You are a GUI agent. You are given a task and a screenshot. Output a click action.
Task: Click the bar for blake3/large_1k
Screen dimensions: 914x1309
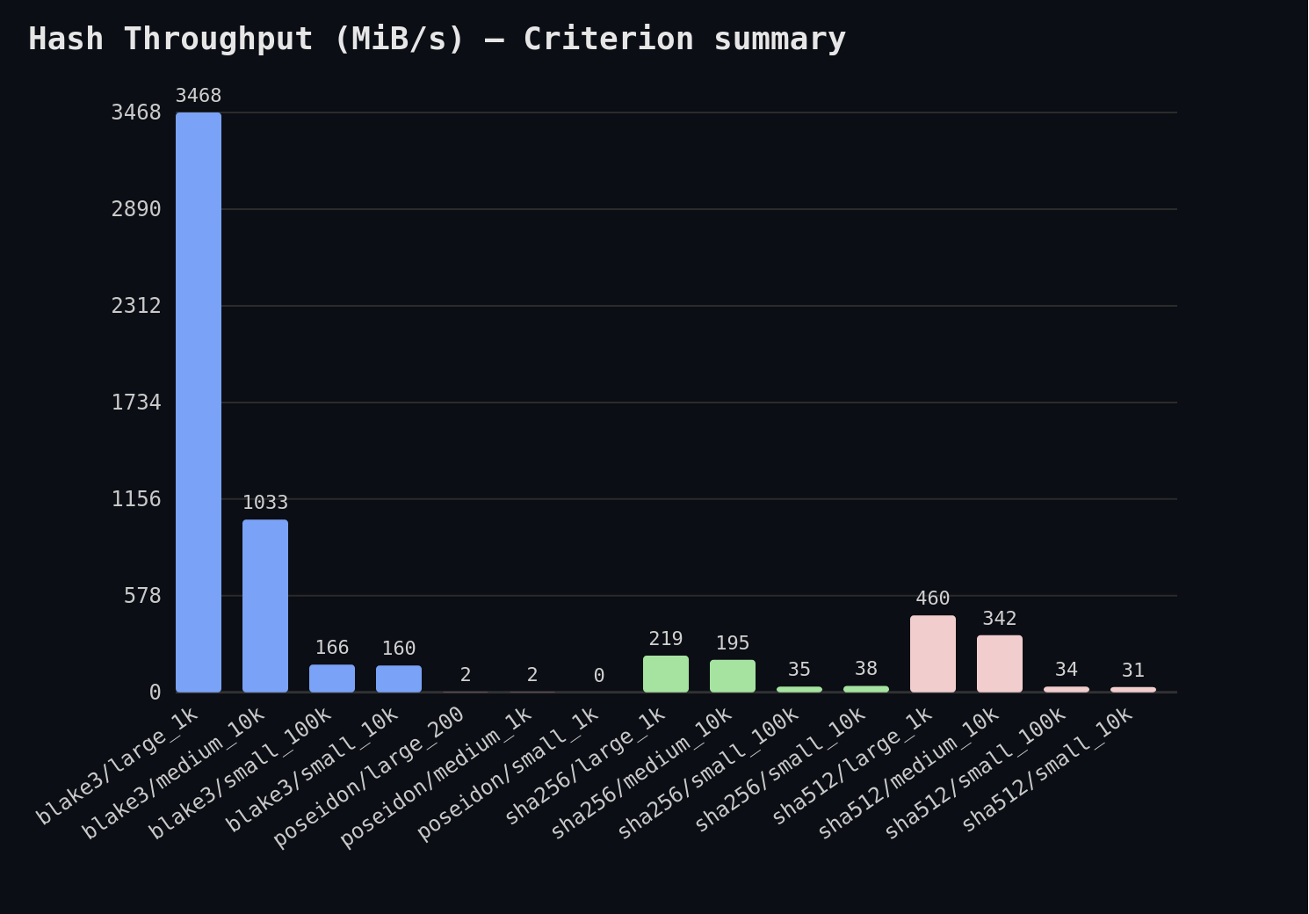tap(199, 403)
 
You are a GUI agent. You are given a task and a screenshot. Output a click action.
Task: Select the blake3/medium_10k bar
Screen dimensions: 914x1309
tap(265, 606)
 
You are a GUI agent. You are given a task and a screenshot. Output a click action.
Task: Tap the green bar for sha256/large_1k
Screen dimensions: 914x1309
tap(666, 674)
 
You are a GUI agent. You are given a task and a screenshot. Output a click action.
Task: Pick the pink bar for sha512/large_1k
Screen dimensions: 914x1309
tap(933, 654)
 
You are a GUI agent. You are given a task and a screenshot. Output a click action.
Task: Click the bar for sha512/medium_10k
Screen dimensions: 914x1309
tap(1000, 664)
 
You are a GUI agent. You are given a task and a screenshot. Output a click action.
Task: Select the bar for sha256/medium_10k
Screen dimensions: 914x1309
tap(733, 676)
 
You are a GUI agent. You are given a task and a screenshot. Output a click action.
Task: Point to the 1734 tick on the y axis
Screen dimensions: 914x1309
tap(136, 403)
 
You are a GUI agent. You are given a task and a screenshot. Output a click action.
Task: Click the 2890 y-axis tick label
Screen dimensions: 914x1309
tap(136, 209)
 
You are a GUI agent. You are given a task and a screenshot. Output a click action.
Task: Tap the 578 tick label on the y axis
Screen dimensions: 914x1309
tap(142, 596)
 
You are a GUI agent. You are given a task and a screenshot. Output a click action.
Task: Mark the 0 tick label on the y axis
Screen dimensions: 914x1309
tap(155, 693)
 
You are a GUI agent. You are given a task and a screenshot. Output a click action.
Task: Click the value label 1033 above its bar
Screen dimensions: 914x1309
tap(265, 503)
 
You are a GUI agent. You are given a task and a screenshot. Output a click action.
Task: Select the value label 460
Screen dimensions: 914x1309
tap(933, 598)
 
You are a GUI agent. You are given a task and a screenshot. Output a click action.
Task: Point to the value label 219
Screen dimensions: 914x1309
tap(666, 639)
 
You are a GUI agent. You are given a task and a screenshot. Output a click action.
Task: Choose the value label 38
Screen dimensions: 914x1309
tap(866, 669)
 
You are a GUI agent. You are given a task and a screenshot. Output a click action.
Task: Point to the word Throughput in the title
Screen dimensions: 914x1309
tap(218, 39)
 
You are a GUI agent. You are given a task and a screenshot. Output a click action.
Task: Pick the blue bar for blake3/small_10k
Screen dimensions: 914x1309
tap(399, 678)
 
